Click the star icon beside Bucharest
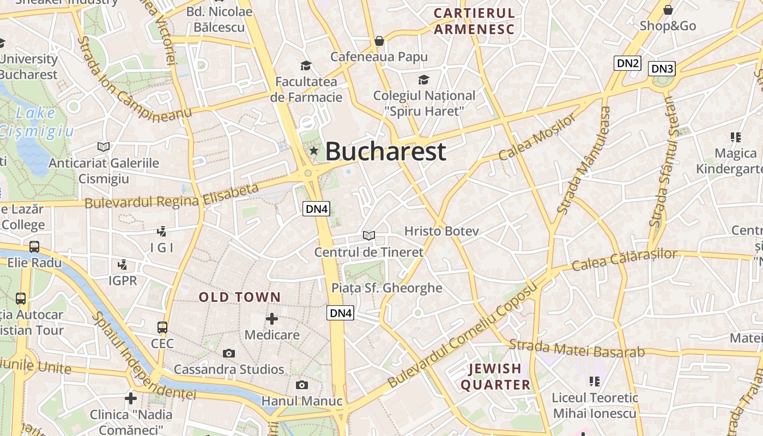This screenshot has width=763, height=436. [313, 150]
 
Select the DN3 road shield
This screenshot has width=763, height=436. [662, 69]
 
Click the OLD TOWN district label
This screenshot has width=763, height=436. [240, 298]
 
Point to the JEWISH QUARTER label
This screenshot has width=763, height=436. [495, 377]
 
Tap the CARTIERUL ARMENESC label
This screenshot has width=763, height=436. [474, 21]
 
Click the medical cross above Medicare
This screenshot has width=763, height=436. [271, 318]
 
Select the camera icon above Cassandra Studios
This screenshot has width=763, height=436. [229, 353]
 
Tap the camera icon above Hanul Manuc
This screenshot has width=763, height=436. [301, 385]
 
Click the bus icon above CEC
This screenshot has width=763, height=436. [162, 328]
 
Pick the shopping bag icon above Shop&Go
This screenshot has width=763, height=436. [668, 10]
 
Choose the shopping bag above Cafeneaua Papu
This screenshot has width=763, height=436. [379, 41]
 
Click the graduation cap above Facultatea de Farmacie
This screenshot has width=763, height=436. [305, 66]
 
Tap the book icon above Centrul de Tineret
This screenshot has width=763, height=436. [369, 235]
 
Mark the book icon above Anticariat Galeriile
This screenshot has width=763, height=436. [104, 147]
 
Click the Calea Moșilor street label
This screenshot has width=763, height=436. [537, 137]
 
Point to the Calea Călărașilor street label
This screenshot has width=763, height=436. [624, 260]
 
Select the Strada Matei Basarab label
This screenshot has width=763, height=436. [577, 348]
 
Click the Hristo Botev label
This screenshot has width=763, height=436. [441, 231]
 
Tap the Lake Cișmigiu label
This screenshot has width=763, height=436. [36, 122]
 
